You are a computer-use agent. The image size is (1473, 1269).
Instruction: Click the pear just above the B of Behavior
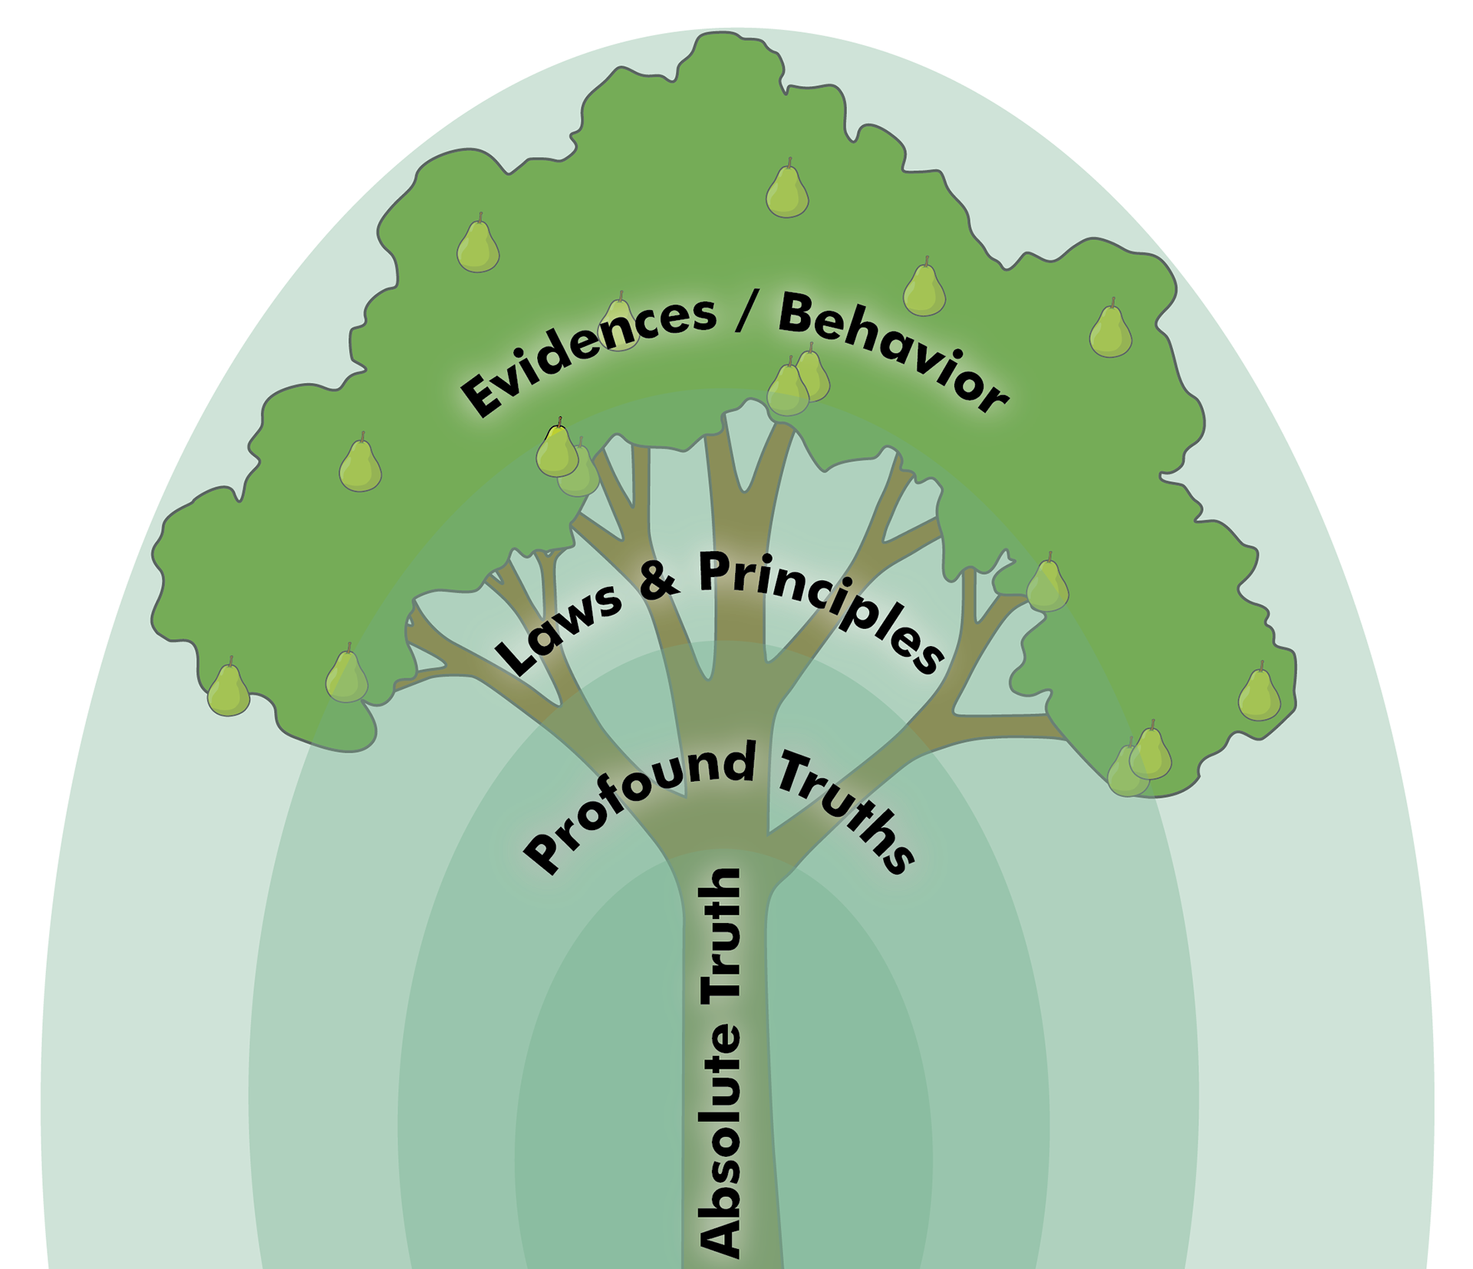(924, 290)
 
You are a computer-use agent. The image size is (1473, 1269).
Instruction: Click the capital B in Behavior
(797, 315)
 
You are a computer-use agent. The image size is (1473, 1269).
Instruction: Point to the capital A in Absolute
(722, 1231)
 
